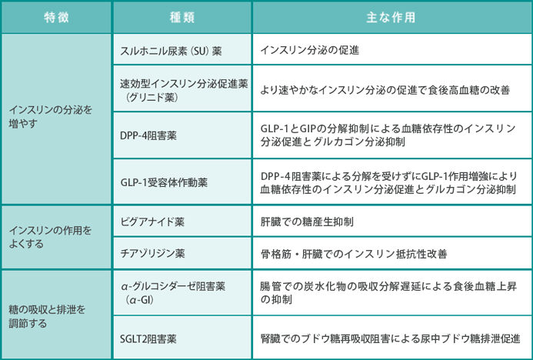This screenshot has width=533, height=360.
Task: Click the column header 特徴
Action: (56, 18)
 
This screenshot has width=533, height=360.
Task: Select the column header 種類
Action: (182, 18)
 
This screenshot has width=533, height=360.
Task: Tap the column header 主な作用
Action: (391, 18)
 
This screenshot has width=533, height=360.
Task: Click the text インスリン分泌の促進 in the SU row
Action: (310, 50)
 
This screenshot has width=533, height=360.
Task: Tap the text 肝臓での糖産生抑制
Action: (307, 222)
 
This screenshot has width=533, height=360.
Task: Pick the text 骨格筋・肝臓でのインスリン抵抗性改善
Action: (354, 254)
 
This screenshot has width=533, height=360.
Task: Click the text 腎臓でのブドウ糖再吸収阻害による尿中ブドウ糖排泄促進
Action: (390, 339)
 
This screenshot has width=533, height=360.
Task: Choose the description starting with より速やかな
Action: (385, 90)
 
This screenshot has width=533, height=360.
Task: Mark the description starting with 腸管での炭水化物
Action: (388, 292)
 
